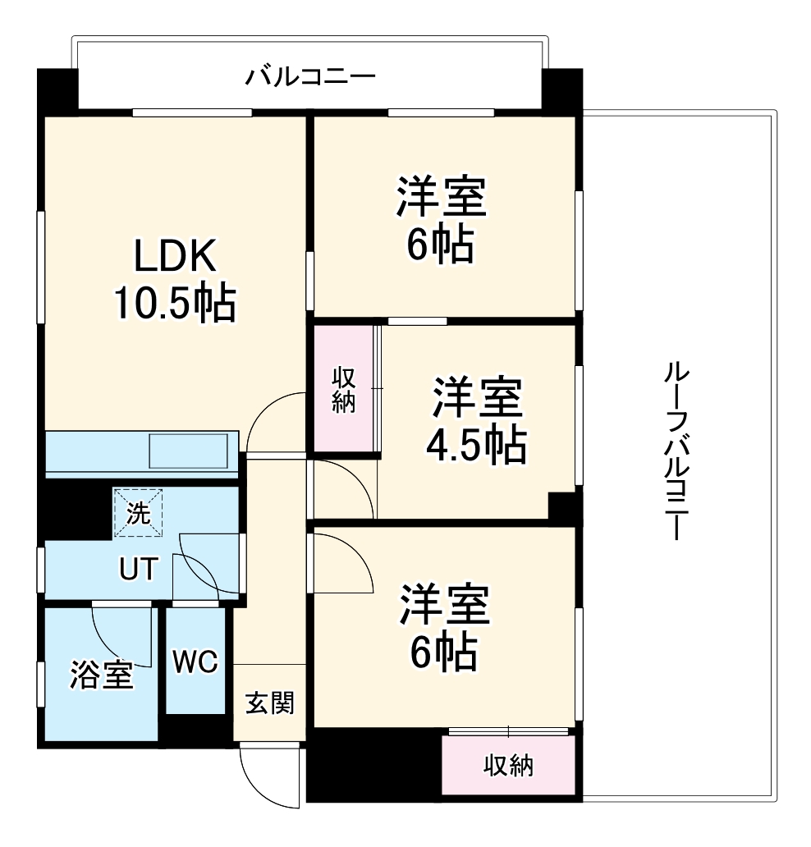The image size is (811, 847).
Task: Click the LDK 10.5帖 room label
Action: pos(174,282)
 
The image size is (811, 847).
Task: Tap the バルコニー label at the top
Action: pos(311,79)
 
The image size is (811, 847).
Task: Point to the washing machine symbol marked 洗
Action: pos(138,513)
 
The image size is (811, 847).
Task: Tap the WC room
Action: pos(195,661)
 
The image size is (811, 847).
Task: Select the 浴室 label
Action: pos(100,675)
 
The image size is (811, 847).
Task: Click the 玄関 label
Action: pos(270,703)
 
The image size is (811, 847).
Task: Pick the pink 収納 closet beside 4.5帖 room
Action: pos(344,390)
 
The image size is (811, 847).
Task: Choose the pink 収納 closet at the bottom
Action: pos(507,765)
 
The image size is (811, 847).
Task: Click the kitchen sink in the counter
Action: pos(189,451)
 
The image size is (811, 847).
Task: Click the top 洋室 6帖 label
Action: pos(442,220)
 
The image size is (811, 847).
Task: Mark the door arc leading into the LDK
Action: pos(275,421)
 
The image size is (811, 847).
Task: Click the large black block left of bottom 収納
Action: pos(373,764)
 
